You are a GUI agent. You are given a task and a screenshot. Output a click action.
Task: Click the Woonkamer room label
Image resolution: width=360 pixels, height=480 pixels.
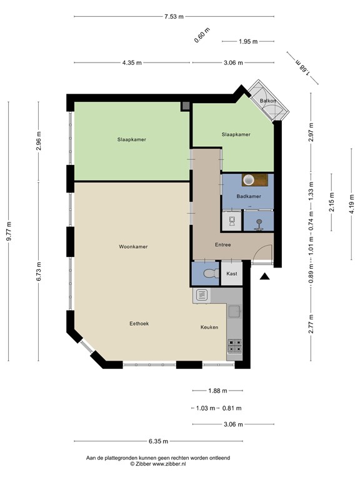click(133, 247)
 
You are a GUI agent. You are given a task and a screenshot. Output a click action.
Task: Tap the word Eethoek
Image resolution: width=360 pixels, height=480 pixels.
click(139, 323)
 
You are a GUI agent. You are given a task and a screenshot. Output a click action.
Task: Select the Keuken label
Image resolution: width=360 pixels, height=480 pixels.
click(209, 327)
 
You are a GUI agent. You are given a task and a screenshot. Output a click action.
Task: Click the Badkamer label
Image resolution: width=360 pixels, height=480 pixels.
click(248, 196)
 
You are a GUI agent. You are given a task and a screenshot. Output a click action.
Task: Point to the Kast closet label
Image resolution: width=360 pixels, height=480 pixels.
click(231, 274)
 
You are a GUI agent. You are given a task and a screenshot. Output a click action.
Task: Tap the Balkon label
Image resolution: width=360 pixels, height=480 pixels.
click(268, 100)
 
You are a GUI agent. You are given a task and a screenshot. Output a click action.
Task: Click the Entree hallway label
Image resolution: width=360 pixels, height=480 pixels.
click(222, 244)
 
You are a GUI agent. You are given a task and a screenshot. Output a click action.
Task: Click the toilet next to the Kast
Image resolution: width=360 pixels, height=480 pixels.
click(209, 274)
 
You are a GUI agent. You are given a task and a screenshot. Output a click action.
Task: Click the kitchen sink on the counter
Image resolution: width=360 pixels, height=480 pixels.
click(234, 311)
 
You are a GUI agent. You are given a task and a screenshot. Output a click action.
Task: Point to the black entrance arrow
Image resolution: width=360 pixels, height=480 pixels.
click(265, 276)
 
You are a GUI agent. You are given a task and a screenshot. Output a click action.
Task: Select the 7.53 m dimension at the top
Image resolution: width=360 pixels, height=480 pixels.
click(174, 17)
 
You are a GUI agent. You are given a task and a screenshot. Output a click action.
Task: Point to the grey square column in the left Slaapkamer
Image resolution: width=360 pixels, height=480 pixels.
click(186, 106)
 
